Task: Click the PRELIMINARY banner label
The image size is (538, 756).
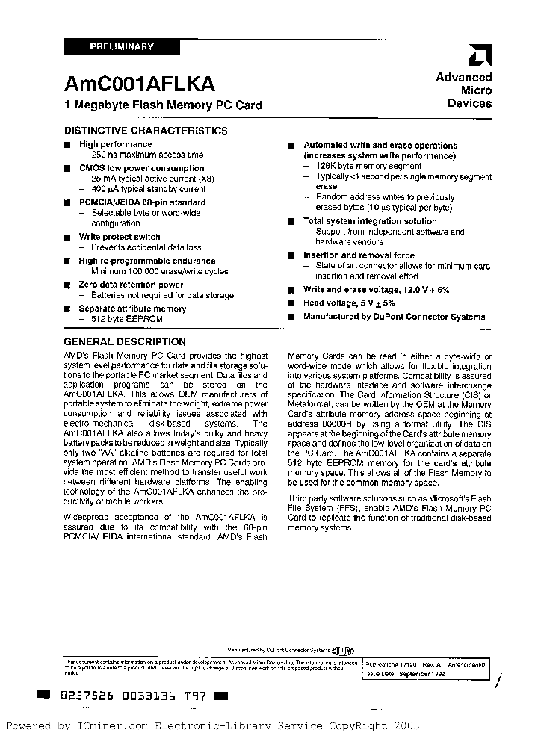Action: coord(121,46)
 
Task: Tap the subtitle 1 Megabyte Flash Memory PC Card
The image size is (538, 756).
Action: coord(163,105)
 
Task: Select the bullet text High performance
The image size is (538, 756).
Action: coord(116,144)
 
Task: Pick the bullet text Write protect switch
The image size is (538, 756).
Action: coord(120,237)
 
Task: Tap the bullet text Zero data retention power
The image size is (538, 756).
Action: coord(131,285)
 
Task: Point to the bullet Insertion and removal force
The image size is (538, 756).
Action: coord(359,255)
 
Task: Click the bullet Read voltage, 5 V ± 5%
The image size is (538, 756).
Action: coord(349,303)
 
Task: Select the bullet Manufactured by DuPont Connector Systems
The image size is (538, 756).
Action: coord(394,317)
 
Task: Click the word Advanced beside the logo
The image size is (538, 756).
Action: coord(464,77)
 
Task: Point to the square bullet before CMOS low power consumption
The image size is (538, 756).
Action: coord(67,169)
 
